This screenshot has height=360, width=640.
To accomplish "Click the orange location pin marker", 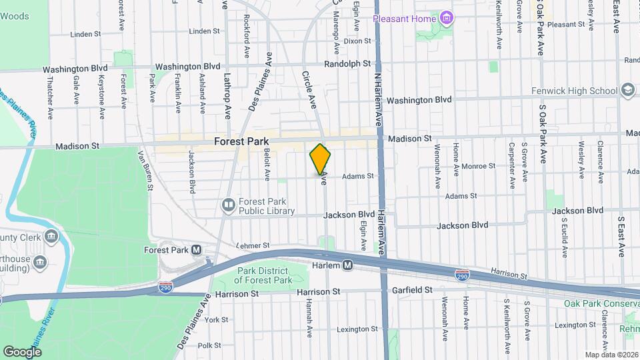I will click(321, 159).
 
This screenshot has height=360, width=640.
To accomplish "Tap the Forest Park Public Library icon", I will click(228, 204).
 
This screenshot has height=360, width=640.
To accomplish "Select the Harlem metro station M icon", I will click(347, 266).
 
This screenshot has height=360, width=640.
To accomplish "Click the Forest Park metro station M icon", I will click(196, 250).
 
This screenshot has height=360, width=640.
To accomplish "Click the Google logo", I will click(22, 351).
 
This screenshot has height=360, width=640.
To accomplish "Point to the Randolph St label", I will click(347, 63).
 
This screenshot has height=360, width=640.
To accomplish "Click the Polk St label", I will click(209, 345).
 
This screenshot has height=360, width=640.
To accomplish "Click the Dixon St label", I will click(357, 41).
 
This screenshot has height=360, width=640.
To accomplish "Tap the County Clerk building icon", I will click(51, 237).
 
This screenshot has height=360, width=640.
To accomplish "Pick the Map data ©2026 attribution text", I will click(611, 355).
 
